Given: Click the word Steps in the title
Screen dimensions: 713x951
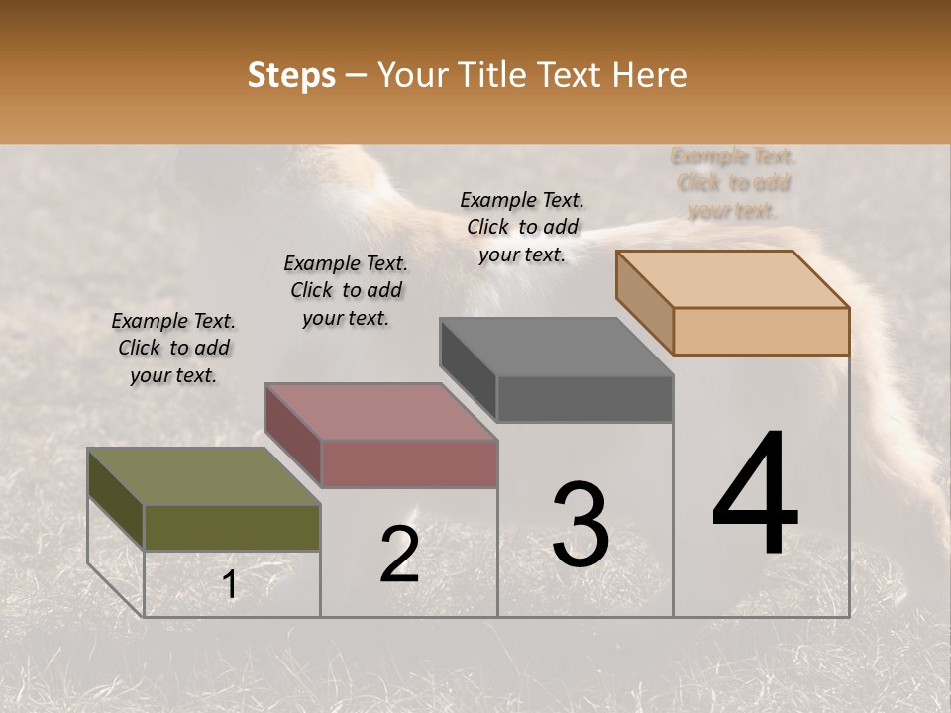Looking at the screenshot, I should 291,75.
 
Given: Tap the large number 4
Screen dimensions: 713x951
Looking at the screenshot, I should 756,495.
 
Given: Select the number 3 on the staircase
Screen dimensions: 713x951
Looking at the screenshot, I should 581,525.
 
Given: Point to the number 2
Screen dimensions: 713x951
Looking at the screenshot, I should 400,555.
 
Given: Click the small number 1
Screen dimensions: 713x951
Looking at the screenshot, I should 230,585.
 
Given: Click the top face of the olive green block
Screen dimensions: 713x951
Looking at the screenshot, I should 203,476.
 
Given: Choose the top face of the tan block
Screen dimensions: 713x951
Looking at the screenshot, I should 733,279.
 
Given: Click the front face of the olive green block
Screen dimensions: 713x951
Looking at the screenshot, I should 232,527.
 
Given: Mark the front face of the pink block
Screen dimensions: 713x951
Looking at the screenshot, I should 408,463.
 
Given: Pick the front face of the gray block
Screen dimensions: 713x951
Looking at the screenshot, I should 584,398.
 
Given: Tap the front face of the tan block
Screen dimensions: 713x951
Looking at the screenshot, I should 761,331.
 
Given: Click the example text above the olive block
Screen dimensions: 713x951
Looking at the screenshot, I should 173,348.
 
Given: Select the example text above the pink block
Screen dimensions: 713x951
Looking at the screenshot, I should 346,290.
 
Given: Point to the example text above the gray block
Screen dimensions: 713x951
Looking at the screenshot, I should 522,227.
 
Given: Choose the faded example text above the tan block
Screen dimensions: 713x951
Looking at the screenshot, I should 733,183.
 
